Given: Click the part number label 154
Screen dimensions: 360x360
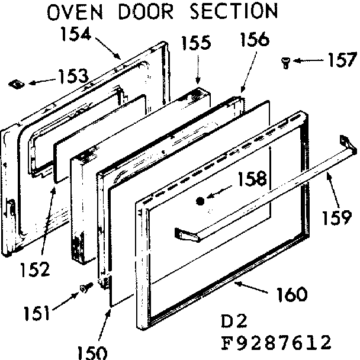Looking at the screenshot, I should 76,34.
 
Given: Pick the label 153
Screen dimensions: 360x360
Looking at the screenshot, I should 72,76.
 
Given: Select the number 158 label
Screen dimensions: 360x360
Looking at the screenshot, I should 252,178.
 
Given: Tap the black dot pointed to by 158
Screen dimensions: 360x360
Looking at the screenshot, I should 200,201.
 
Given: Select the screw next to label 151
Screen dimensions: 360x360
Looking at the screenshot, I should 85,288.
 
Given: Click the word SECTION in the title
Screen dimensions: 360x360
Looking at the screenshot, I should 227,11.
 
